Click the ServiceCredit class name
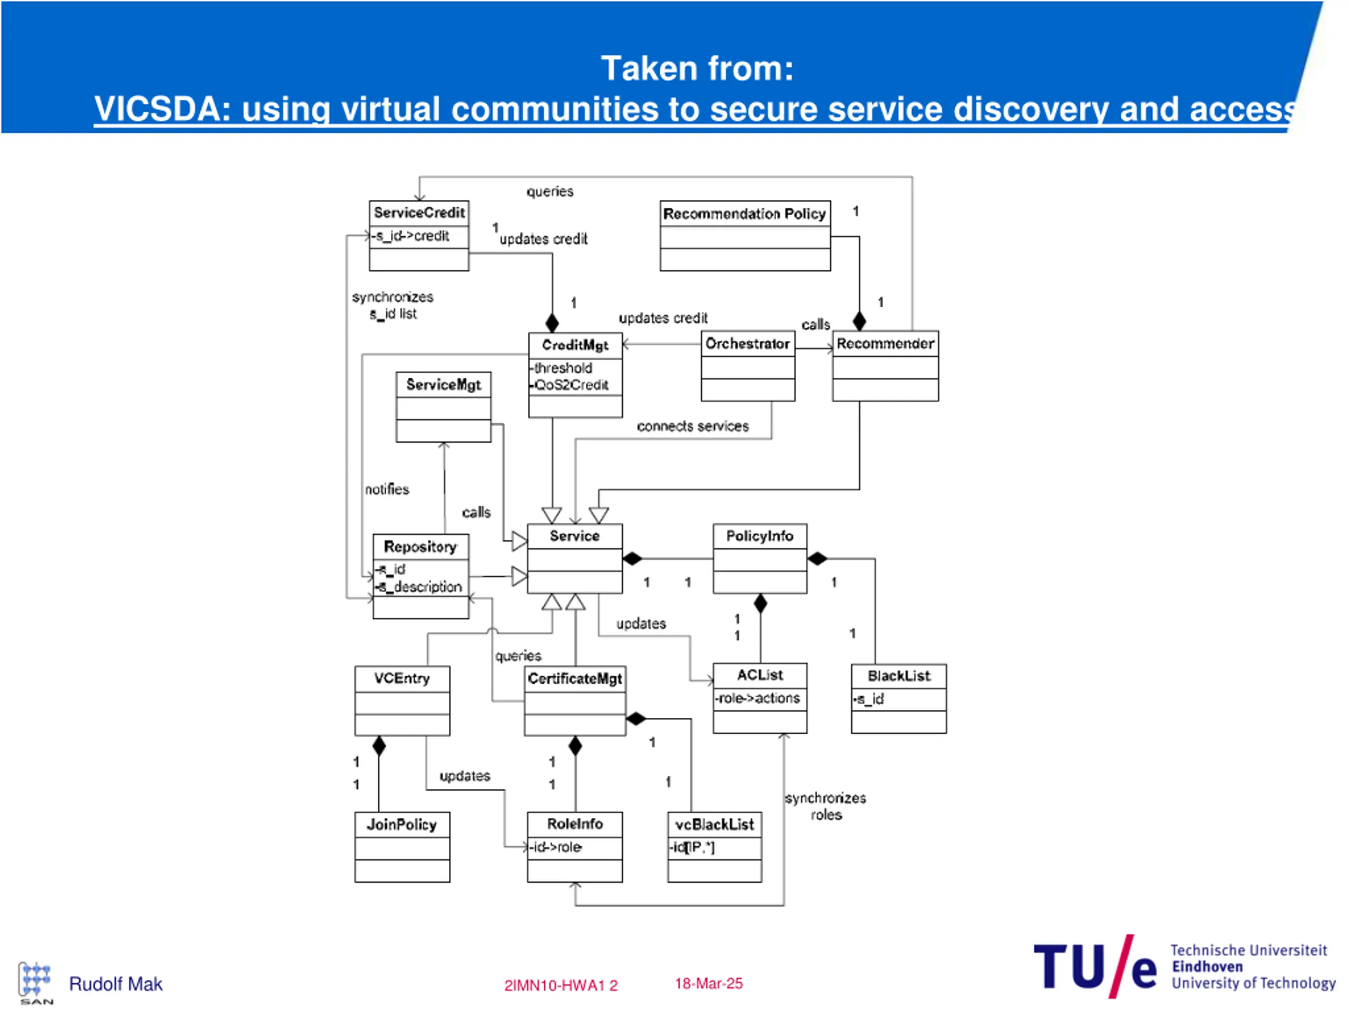pyautogui.click(x=419, y=213)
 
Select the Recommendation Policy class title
pyautogui.click(x=744, y=214)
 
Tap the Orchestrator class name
pyautogui.click(x=747, y=344)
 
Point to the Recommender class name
pyautogui.click(x=885, y=344)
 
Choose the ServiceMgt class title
pyautogui.click(x=443, y=385)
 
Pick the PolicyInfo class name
pyautogui.click(x=759, y=536)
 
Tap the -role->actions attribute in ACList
pyautogui.click(x=757, y=698)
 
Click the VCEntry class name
pyautogui.click(x=402, y=678)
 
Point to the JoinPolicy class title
pyautogui.click(x=402, y=825)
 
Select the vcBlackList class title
pyautogui.click(x=714, y=825)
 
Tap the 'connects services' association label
pyautogui.click(x=693, y=426)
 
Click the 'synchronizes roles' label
pyautogui.click(x=825, y=806)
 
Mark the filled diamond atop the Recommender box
pyautogui.click(x=859, y=321)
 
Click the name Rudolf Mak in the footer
pyautogui.click(x=115, y=985)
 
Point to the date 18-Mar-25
pyautogui.click(x=709, y=984)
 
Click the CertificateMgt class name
pyautogui.click(x=574, y=679)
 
